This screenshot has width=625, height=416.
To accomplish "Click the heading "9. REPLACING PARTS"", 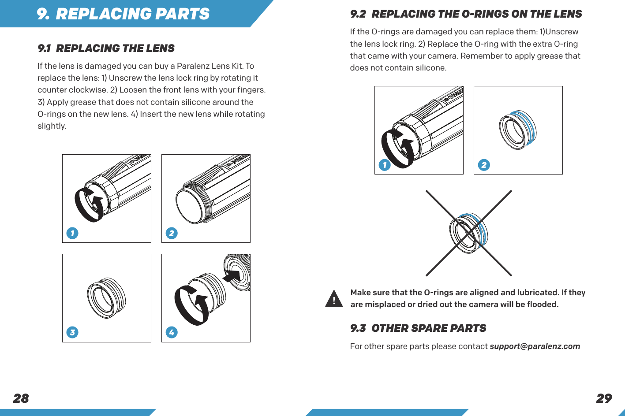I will [x=124, y=14].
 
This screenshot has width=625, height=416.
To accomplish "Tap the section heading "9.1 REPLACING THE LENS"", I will [x=106, y=48].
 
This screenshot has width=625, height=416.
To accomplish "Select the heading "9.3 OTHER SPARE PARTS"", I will [x=418, y=328].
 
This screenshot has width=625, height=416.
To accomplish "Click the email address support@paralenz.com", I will [x=535, y=346].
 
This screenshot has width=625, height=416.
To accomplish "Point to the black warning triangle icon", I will [x=334, y=299].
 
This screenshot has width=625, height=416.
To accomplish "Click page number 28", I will [x=21, y=398].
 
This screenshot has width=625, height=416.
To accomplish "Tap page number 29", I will [x=604, y=398].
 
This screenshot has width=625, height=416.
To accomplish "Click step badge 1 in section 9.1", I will [x=72, y=233].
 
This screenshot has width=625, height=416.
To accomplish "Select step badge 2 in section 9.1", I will [x=172, y=233].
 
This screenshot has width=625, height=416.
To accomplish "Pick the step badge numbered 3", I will [x=72, y=332].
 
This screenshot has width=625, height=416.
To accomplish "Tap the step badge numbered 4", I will [x=172, y=332].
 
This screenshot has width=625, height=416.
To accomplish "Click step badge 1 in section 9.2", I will [x=385, y=165].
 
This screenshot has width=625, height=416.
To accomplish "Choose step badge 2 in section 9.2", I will [x=484, y=165].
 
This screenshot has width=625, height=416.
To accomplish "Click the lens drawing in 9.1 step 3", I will [x=106, y=297].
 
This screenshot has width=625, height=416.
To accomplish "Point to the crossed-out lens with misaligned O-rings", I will [x=468, y=233].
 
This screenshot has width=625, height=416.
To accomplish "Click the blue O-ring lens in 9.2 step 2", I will [x=518, y=130].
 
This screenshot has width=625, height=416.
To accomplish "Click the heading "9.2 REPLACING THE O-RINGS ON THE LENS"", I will [x=466, y=14].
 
